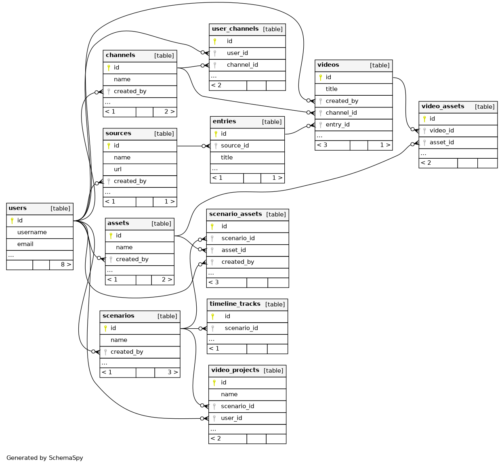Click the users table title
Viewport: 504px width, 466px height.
point(18,208)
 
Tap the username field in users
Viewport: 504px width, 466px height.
point(32,232)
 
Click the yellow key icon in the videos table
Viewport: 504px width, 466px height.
point(321,77)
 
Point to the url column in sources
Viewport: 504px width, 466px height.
point(118,169)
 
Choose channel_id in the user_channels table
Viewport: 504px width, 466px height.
point(242,65)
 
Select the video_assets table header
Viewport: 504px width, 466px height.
point(443,107)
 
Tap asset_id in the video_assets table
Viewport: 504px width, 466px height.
point(441,142)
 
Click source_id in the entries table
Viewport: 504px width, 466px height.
point(235,145)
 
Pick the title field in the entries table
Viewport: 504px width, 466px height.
point(227,157)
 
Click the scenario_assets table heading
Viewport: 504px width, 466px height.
point(235,214)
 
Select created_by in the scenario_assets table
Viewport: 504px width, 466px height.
point(237,262)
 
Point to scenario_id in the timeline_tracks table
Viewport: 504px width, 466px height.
point(241,328)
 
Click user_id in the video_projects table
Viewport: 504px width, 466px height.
point(231,418)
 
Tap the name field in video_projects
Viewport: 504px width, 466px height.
point(229,394)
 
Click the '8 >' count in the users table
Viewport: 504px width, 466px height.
point(66,264)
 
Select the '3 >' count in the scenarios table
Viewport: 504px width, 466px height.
point(172,372)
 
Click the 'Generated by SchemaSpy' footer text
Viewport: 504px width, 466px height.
point(45,458)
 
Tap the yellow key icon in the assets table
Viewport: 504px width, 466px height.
point(111,235)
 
